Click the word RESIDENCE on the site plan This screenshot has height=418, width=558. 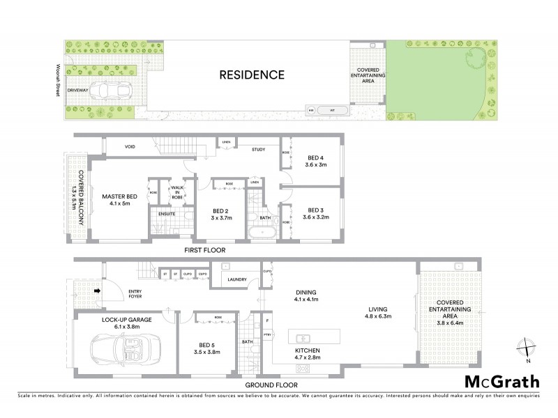pyautogui.click(x=252, y=75)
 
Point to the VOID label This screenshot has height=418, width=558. pyautogui.click(x=130, y=147)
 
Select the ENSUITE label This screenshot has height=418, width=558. pyautogui.click(x=166, y=213)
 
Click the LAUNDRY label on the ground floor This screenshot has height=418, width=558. pyautogui.click(x=239, y=280)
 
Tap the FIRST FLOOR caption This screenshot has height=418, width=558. pyautogui.click(x=205, y=249)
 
